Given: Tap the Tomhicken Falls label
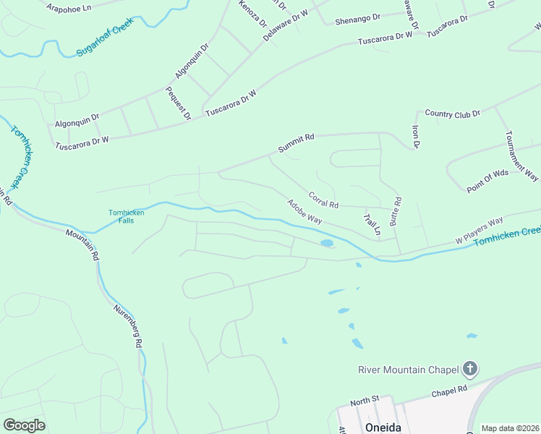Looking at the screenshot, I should [x=127, y=216].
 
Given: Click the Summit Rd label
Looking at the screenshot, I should [x=297, y=143].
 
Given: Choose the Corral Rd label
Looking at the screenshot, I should [x=323, y=200].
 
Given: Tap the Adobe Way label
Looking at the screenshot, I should [x=304, y=211].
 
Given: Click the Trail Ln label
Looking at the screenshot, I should [x=372, y=224].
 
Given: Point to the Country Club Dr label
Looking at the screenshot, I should [x=453, y=114].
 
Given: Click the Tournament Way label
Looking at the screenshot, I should [x=521, y=156].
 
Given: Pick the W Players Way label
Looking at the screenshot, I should [x=479, y=230].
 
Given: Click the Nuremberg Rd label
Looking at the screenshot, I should [x=126, y=326].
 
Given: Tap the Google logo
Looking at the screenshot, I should [x=24, y=425].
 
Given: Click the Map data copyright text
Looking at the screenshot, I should [x=510, y=428].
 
